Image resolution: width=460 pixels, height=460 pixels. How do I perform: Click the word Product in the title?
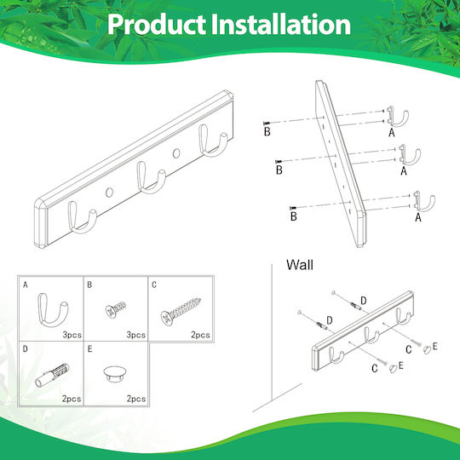tap(157, 25)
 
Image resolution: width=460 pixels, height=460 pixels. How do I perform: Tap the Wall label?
tap(300, 265)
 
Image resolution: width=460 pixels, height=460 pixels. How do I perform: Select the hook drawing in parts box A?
tap(53, 310)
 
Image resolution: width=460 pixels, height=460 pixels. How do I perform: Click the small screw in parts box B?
tap(115, 309)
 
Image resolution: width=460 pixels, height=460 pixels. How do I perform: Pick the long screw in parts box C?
tap(181, 311)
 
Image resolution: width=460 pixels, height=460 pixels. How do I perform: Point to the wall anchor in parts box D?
tap(52, 376)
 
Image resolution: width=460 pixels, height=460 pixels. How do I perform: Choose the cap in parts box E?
tap(115, 374)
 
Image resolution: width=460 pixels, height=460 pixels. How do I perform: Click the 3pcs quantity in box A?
tap(72, 335)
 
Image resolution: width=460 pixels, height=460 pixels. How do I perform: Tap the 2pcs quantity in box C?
tap(200, 335)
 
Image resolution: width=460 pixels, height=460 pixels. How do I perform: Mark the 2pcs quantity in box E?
tap(136, 399)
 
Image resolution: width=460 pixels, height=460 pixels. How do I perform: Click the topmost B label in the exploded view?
tap(267, 131)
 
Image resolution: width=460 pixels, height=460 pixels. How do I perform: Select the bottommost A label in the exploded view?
tap(418, 217)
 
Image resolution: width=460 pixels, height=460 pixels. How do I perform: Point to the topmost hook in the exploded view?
tap(397, 117)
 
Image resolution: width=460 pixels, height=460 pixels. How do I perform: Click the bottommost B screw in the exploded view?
tap(293, 208)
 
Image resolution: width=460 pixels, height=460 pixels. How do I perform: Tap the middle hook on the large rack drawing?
tap(151, 178)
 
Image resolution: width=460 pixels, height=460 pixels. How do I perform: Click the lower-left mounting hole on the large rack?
tap(109, 193)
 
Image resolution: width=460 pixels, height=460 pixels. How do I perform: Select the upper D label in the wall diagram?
tap(363, 301)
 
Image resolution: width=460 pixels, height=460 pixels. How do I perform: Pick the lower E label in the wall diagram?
tap(400, 365)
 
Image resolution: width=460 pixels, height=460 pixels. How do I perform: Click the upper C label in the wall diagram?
tap(409, 349)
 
